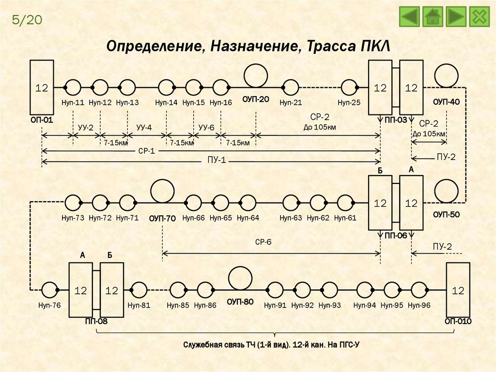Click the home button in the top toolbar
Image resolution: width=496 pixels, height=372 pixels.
pyautogui.click(x=433, y=17)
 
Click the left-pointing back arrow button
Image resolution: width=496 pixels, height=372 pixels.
pyautogui.click(x=410, y=17)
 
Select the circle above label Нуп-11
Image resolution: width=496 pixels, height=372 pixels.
pyautogui.click(x=73, y=87)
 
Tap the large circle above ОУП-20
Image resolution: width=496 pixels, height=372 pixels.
pyautogui.click(x=256, y=76)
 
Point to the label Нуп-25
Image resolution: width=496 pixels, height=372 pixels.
pyautogui.click(x=350, y=102)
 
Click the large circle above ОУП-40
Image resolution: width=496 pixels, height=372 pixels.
pyautogui.click(x=447, y=76)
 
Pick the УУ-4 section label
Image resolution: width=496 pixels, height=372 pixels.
pyautogui.click(x=144, y=127)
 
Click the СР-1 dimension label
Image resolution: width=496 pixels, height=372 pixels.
pyautogui.click(x=146, y=151)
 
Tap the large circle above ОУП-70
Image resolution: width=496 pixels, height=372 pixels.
pyautogui.click(x=163, y=191)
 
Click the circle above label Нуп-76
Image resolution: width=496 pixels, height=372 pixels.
pyautogui.click(x=49, y=290)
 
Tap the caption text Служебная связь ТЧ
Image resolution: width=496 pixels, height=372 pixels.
pyautogui.click(x=232, y=345)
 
